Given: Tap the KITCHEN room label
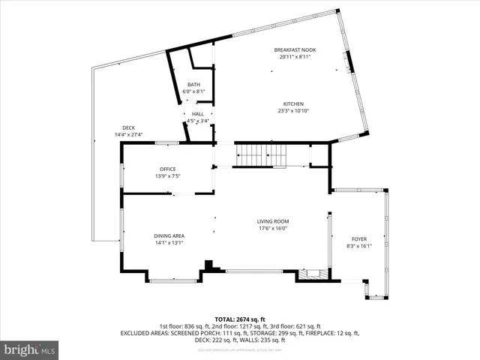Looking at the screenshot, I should [293, 103].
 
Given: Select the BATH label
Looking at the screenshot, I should [193, 85].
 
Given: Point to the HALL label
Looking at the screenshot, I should [197, 113].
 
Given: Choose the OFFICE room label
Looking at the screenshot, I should [167, 169].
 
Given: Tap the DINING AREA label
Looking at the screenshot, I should [169, 235].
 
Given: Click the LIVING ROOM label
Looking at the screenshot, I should [273, 221].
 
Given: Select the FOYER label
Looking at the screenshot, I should [358, 238].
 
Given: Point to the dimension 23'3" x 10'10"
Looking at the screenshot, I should [293, 111].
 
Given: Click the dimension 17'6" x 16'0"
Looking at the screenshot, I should [273, 229].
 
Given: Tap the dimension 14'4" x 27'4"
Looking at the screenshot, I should [128, 135].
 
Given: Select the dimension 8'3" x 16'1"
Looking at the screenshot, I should [358, 245].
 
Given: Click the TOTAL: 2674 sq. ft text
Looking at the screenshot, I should [240, 319].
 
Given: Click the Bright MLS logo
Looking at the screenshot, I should [30, 349].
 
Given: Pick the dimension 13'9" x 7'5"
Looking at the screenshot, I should [167, 176].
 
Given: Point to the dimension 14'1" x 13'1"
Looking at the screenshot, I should [169, 242].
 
